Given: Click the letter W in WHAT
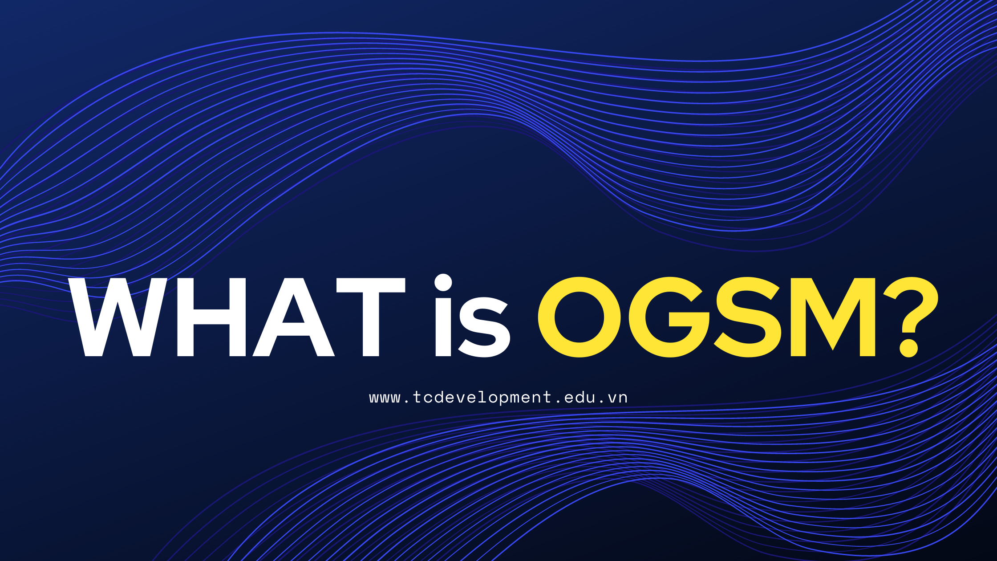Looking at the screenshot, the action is [x=118, y=317].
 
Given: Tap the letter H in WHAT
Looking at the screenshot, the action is [x=211, y=317].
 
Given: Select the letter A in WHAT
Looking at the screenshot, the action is [x=294, y=317].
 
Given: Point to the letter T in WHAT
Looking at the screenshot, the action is [x=371, y=317].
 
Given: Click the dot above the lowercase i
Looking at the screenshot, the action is [x=443, y=283].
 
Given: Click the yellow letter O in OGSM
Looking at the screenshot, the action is [x=580, y=317].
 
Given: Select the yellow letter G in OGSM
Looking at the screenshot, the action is [x=669, y=317].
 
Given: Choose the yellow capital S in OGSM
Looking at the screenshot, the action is [x=748, y=317].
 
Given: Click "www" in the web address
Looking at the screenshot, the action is [x=385, y=398].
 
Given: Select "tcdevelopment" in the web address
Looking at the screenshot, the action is [x=482, y=397].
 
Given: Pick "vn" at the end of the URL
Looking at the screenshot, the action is [x=618, y=398].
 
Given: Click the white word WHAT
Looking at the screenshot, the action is [x=237, y=317].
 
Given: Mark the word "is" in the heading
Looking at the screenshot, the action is [x=472, y=316].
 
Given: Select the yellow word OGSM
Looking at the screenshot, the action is [x=707, y=317].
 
